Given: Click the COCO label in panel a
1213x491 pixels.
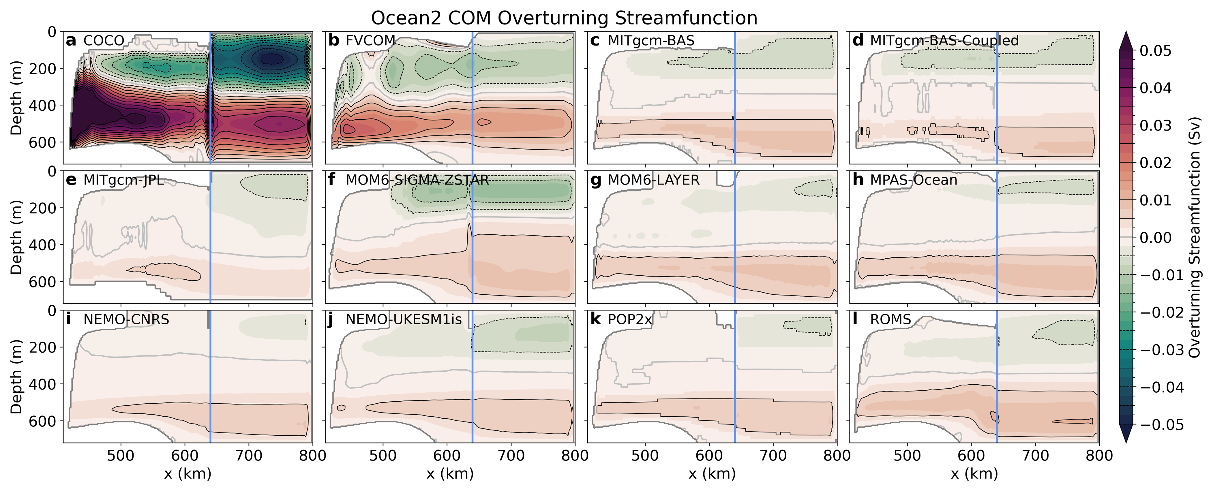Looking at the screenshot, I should (x=104, y=41).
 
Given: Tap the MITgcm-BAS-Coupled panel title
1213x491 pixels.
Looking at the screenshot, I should (x=944, y=41).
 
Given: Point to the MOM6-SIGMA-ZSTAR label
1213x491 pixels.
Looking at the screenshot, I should (x=417, y=180).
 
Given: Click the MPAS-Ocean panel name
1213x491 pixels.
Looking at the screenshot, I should (x=914, y=180).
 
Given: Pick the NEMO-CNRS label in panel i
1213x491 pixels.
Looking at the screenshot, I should (x=126, y=320).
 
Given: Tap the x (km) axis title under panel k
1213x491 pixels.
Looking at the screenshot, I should (x=712, y=474).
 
